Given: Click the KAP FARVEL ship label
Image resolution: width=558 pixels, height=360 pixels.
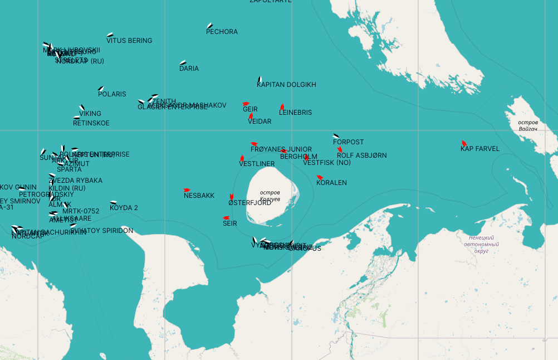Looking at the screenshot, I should (x=479, y=149).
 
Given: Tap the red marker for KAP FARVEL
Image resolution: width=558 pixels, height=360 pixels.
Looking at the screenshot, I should (x=464, y=143).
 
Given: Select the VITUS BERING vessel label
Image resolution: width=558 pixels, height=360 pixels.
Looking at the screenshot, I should (x=129, y=41).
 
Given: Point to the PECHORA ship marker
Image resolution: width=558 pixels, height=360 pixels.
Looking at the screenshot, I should (x=209, y=26).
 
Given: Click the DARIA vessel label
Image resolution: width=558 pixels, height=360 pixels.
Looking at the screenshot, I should (x=189, y=69).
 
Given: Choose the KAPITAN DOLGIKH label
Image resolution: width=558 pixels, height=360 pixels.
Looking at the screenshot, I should (x=286, y=85).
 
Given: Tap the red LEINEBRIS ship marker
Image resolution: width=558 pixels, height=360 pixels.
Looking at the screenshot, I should (x=282, y=106).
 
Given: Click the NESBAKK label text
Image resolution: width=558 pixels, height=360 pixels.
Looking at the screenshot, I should (x=199, y=196).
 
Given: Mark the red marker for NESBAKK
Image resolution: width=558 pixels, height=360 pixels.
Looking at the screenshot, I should (x=187, y=190).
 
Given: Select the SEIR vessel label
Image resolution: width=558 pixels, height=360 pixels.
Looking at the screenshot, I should (x=229, y=223).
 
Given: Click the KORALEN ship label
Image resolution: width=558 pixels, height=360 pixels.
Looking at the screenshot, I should (x=331, y=183).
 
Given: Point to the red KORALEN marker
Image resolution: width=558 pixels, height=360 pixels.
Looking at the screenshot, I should (x=320, y=177).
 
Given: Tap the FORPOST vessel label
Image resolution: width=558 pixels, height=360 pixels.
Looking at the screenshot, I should (x=348, y=142).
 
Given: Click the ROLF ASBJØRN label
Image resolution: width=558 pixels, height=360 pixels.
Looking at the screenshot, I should (x=361, y=155).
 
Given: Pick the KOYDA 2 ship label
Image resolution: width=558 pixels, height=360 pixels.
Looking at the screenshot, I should (x=124, y=208).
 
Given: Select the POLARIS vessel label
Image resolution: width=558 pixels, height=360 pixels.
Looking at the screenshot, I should (x=112, y=94).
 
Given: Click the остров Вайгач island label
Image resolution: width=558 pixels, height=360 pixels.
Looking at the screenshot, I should (x=527, y=125).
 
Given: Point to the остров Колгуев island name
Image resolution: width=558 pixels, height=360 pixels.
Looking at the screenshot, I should (x=270, y=196).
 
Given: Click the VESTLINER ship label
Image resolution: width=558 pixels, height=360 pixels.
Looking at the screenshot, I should (x=257, y=164).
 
